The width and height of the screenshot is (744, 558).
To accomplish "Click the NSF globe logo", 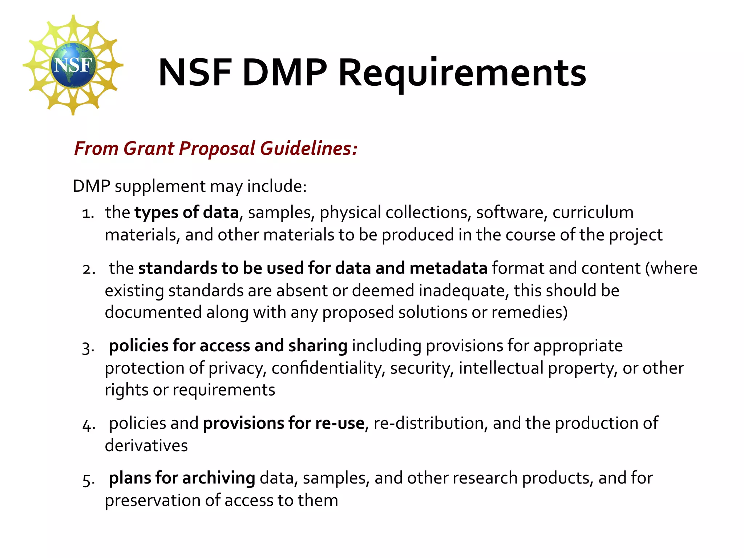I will click(x=73, y=65).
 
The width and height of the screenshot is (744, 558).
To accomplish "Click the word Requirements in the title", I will click(x=462, y=73).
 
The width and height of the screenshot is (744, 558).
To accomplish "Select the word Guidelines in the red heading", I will click(x=309, y=149).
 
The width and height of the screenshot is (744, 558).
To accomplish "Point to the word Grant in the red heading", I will click(x=149, y=149).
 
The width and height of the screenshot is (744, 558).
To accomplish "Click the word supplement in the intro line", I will click(x=160, y=186).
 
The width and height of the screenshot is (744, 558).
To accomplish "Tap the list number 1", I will click(x=88, y=213).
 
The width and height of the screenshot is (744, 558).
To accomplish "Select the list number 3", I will click(x=88, y=347).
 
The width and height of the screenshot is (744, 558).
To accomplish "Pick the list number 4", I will click(x=88, y=425).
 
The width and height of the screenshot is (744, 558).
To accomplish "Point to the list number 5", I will click(x=88, y=480).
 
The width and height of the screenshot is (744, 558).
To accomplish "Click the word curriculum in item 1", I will click(x=593, y=213).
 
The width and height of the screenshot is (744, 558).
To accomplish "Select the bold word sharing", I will click(x=318, y=346).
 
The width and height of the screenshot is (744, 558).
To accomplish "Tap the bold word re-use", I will click(x=340, y=423).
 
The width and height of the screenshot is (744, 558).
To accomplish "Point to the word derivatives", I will click(x=146, y=445).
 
